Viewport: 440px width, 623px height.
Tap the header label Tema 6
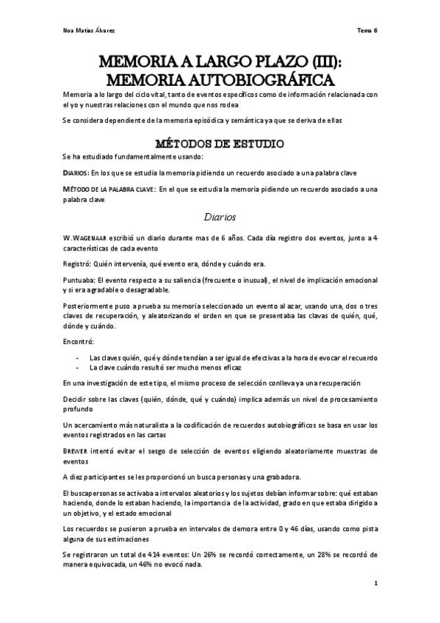[368, 31]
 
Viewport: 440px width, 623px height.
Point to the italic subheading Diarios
[220, 217]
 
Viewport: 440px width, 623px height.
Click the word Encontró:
[78, 342]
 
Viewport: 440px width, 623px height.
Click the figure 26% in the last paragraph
[207, 557]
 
